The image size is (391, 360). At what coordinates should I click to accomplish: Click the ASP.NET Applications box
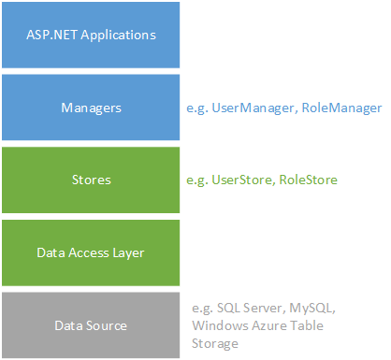91,36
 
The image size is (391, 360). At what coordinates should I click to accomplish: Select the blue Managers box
91,108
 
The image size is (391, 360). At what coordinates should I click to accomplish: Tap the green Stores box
91,180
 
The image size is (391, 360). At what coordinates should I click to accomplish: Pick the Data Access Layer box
91,252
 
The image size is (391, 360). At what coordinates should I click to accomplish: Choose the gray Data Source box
91,324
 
